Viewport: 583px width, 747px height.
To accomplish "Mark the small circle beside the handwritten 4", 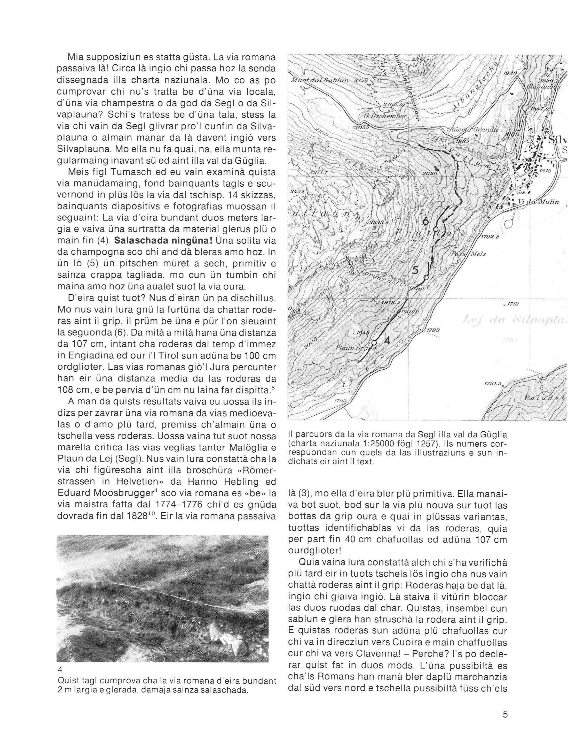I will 375,342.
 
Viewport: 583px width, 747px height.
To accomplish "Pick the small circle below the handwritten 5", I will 426,277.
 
